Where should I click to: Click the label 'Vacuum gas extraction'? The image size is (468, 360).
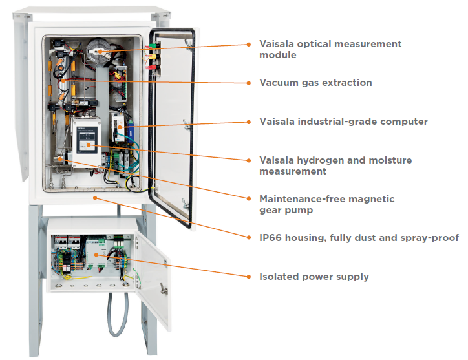point(315,83)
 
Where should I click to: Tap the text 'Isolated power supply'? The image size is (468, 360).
point(314,277)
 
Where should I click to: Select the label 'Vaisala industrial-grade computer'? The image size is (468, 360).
point(343,122)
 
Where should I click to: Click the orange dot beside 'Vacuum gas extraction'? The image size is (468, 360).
point(249,83)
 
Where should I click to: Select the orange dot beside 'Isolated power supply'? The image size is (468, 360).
point(249,277)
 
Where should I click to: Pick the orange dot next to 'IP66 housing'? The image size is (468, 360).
point(249,238)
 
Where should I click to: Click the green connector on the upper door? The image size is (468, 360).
point(153,46)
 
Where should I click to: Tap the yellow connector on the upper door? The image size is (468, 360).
point(152,56)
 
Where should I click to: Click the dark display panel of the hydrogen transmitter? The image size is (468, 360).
point(87,140)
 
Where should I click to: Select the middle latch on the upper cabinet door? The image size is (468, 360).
point(187,124)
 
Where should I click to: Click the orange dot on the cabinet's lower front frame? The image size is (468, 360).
point(95,198)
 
